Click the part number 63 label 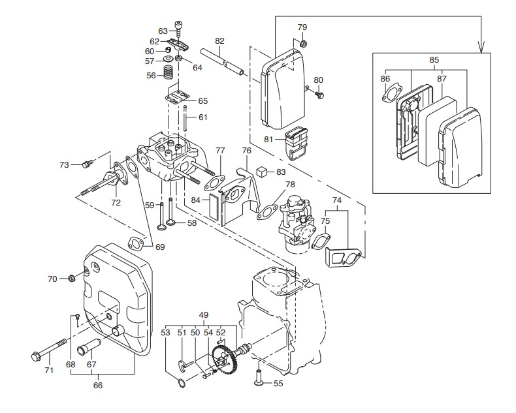[x=163, y=31]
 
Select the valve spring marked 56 [x=169, y=72]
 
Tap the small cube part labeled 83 [x=261, y=171]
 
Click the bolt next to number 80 [x=319, y=95]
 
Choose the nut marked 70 [x=71, y=279]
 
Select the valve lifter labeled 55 [x=259, y=378]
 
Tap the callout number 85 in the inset [x=434, y=60]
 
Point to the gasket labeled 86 [x=392, y=93]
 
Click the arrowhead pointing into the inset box [x=481, y=48]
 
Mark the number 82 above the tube [x=219, y=40]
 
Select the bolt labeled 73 [x=88, y=163]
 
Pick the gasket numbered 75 [x=320, y=240]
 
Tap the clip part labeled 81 [x=296, y=144]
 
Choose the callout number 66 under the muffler [x=98, y=386]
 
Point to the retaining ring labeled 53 [x=181, y=384]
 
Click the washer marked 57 [x=169, y=59]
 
